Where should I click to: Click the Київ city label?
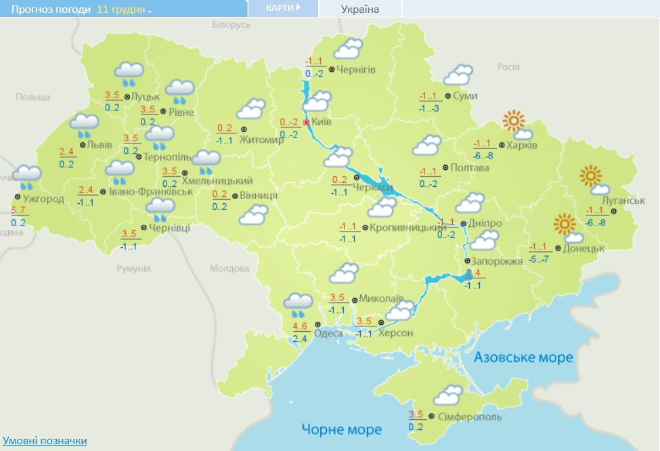click(x=322, y=123)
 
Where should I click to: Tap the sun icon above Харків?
click(x=514, y=122)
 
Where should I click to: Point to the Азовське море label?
click(x=523, y=357)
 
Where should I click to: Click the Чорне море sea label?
click(x=342, y=429)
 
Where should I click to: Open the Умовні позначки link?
click(x=45, y=441)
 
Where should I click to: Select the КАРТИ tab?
click(x=280, y=8)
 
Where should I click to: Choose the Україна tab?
click(x=359, y=9)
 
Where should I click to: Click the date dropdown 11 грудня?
click(x=124, y=9)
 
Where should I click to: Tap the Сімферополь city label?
click(x=469, y=415)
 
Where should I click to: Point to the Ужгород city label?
click(x=43, y=198)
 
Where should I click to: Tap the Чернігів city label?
click(x=356, y=69)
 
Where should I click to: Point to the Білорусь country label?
click(x=231, y=24)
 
